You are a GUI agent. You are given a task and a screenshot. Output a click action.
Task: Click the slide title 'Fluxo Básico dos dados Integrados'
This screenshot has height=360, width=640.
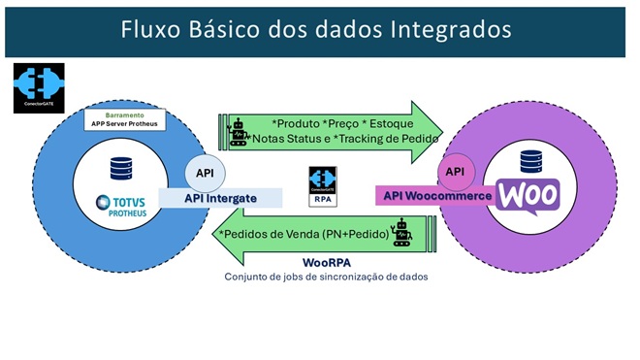click(316, 29)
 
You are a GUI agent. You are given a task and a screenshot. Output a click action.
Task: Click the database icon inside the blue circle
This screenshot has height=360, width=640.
click(121, 169)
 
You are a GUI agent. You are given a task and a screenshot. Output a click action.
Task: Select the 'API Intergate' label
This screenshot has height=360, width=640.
click(223, 198)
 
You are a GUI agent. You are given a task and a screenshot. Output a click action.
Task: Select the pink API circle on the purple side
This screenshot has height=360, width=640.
click(454, 173)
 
